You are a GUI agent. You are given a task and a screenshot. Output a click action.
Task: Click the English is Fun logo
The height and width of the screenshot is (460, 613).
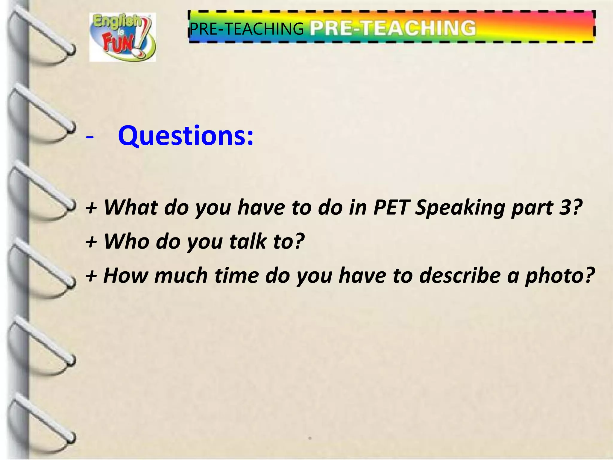[122, 37]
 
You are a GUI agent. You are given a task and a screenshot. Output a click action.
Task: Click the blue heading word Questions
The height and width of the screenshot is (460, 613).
[186, 136]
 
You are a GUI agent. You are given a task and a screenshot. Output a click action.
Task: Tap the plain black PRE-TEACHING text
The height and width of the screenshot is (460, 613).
[247, 29]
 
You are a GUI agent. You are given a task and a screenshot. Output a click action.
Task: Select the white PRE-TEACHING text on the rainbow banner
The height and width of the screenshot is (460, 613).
[392, 28]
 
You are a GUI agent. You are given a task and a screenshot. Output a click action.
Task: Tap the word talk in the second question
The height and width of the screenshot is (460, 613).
[248, 241]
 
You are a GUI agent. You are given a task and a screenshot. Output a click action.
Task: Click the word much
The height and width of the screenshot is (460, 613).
[181, 276]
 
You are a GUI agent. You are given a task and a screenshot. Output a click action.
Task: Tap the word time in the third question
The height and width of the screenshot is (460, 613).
[236, 276]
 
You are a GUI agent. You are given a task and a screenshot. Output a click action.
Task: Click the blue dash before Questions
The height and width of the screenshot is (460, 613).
[89, 137]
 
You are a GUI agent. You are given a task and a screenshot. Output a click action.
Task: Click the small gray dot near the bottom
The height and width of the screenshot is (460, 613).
[310, 438]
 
